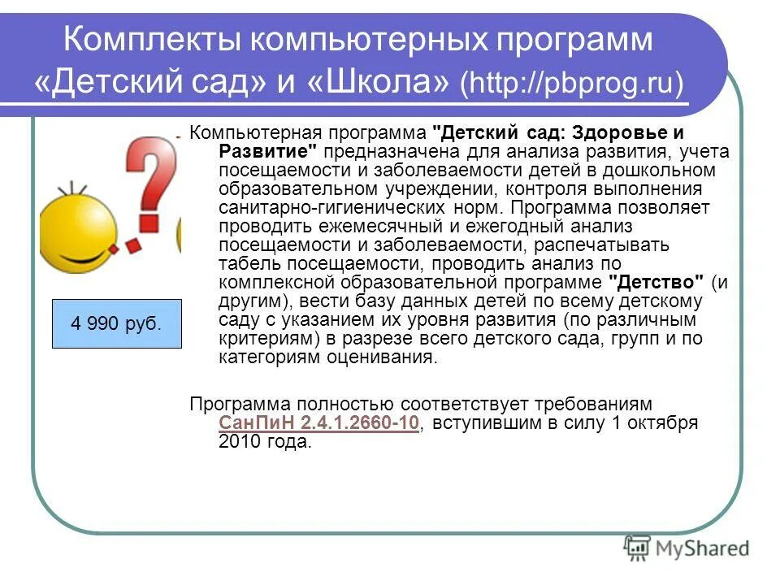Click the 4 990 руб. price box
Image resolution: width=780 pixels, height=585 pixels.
[116, 323]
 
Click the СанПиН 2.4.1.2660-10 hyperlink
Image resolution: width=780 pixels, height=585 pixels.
[318, 422]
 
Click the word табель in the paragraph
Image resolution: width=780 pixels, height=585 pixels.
[242, 263]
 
